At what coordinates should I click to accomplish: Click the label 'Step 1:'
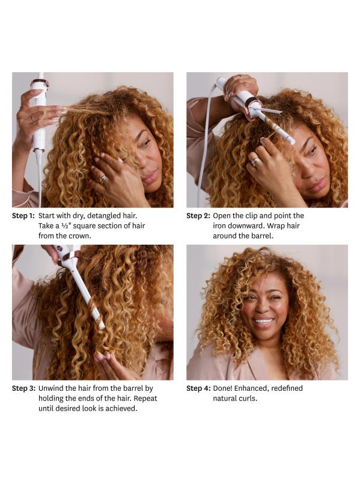(x=23, y=216)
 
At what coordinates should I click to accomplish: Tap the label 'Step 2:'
(x=198, y=216)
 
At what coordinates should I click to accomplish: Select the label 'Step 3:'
(x=23, y=388)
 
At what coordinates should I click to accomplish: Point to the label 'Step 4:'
(x=198, y=388)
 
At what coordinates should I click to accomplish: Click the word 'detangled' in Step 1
(x=102, y=216)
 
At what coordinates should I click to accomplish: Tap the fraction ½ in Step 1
(x=64, y=226)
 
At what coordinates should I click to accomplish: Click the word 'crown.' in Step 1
(x=81, y=236)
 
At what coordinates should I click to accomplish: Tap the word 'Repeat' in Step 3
(x=145, y=399)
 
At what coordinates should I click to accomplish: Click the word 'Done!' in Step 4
(x=222, y=388)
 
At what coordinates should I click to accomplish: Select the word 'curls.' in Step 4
(x=248, y=399)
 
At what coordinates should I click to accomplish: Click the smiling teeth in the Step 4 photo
(x=263, y=322)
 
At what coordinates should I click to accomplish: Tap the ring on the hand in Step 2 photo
(x=255, y=161)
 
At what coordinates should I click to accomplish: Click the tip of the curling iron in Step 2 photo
(x=293, y=142)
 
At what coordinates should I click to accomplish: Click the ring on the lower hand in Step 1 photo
(x=103, y=178)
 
